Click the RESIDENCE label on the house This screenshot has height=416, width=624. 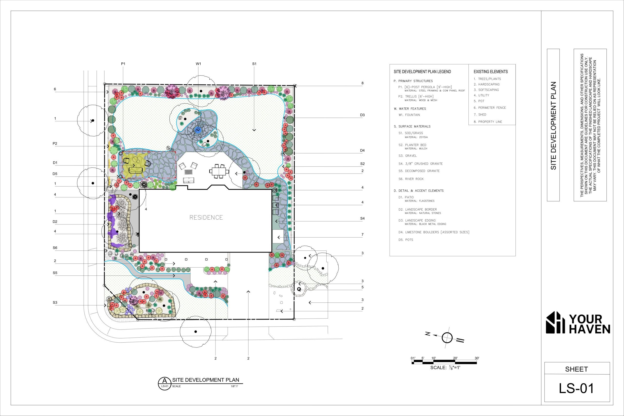point(206,218)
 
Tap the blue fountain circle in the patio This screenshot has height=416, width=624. point(198,130)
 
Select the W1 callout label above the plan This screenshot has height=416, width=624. point(198,64)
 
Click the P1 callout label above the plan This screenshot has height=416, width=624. point(123,64)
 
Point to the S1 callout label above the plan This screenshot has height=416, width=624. point(254,64)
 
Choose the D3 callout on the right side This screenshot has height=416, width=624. point(362,115)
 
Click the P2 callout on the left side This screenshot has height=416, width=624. point(55,144)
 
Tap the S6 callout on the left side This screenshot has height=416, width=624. point(55,248)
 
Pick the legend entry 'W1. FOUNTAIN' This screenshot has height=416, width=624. point(409,115)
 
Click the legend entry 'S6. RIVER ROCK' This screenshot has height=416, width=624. point(411,179)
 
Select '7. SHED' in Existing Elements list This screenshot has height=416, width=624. point(480,115)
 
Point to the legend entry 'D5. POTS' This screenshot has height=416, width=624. point(406,240)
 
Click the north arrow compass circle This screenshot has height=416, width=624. point(447,338)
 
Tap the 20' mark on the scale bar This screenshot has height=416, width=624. point(455,358)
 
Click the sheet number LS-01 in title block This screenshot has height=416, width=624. point(576,388)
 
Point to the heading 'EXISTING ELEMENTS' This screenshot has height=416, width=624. point(491,72)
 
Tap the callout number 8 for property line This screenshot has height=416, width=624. point(362,83)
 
